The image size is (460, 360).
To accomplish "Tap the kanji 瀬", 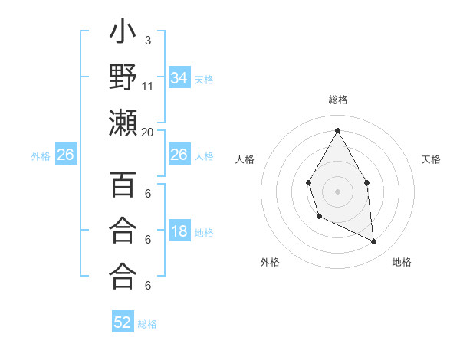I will pyautogui.click(x=123, y=123).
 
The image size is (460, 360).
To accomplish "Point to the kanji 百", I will pyautogui.click(x=123, y=185).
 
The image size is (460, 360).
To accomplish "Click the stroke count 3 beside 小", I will pyautogui.click(x=147, y=39).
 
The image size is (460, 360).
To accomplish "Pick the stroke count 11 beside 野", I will pyautogui.click(x=148, y=86).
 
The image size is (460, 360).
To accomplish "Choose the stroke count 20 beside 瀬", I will pyautogui.click(x=148, y=132).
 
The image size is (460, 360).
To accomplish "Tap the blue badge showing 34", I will pyautogui.click(x=179, y=77).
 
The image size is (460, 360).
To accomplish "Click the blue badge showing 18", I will pyautogui.click(x=179, y=231).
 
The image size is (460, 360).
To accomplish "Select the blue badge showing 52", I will pyautogui.click(x=123, y=322).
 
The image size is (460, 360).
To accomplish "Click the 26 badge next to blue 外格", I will pyautogui.click(x=65, y=155).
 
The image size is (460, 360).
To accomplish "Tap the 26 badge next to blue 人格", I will pyautogui.click(x=179, y=155).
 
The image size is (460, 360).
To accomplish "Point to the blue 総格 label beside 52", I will pyautogui.click(x=147, y=323).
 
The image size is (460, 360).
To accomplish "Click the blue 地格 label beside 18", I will pyautogui.click(x=204, y=232).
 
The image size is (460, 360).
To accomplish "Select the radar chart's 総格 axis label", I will pyautogui.click(x=337, y=100).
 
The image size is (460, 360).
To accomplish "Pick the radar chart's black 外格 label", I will pyautogui.click(x=271, y=262).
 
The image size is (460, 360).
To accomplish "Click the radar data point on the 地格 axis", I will pyautogui.click(x=373, y=241).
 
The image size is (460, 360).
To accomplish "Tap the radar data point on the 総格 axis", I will pyautogui.click(x=337, y=130).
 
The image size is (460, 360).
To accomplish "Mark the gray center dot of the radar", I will pyautogui.click(x=337, y=191).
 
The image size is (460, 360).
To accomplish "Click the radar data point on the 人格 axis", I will pyautogui.click(x=308, y=182).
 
